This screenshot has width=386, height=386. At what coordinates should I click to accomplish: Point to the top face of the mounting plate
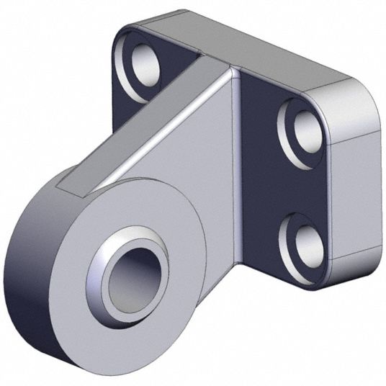click(238, 43)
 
